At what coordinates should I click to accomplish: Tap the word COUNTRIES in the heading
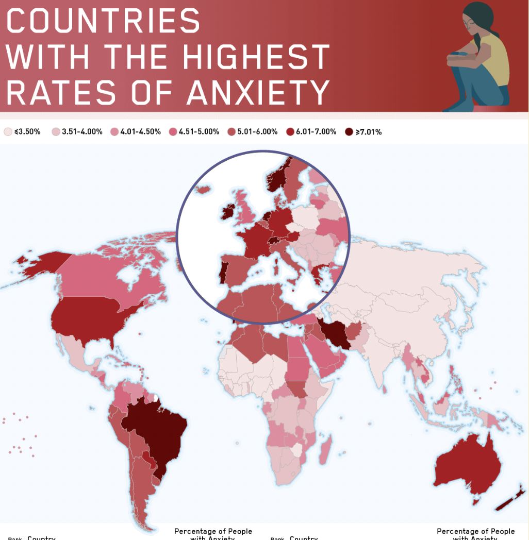tap(103, 21)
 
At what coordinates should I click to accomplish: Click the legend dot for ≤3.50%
tap(8, 132)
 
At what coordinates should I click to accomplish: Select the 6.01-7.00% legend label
tap(316, 132)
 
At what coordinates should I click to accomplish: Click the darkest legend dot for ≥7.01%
tap(349, 132)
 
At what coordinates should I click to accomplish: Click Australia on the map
tap(467, 469)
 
